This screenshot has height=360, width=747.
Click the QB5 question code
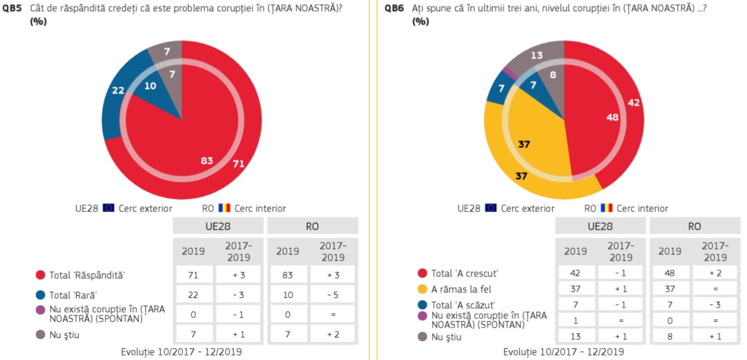[13, 8]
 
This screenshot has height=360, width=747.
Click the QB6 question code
[395, 8]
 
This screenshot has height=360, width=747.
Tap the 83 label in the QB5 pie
[207, 160]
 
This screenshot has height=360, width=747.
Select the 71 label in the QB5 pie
[238, 164]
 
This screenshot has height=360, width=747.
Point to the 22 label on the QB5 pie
[118, 90]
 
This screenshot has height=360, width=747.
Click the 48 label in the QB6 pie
[612, 117]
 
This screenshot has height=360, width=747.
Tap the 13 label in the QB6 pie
[536, 56]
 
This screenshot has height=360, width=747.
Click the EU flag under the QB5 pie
[109, 208]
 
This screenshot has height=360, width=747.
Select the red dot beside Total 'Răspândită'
[41, 275]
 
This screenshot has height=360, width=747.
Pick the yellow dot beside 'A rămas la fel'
[423, 289]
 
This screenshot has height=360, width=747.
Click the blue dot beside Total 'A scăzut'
[423, 304]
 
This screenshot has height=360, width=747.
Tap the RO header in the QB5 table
[312, 227]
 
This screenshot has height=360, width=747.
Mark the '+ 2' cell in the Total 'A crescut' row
[715, 273]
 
